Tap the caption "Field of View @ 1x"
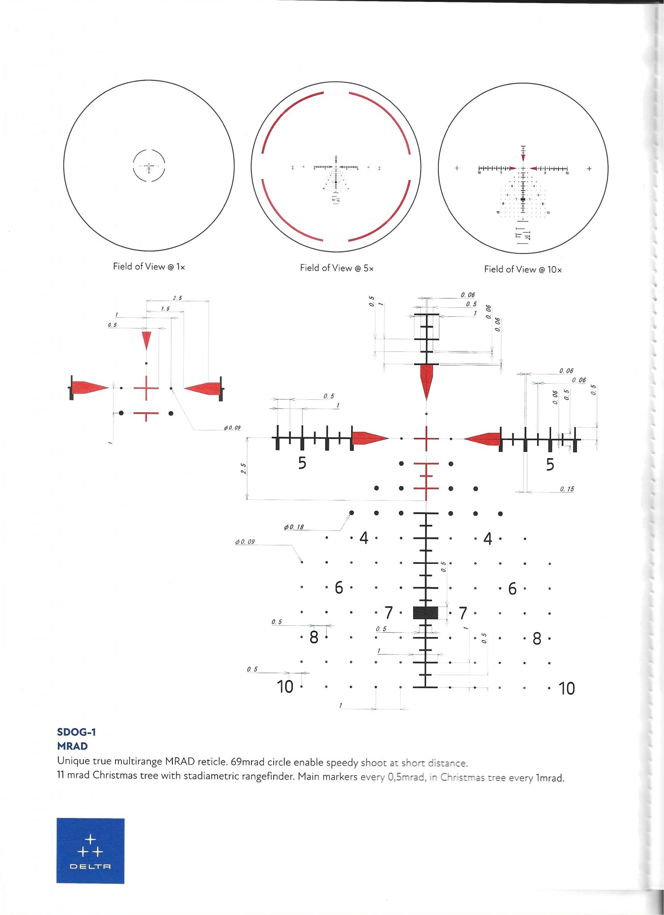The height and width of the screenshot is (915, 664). click(x=149, y=267)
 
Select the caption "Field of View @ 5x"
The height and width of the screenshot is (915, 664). click(x=337, y=268)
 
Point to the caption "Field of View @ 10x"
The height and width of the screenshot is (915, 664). click(x=523, y=269)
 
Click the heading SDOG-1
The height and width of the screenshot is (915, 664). click(x=76, y=732)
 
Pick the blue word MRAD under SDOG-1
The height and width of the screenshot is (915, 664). click(x=72, y=746)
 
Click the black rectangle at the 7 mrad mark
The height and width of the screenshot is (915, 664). click(x=426, y=613)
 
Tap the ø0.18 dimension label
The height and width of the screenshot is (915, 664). click(x=294, y=527)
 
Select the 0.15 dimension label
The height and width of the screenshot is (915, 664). click(x=567, y=489)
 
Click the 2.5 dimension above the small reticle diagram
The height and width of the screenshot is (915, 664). click(x=177, y=298)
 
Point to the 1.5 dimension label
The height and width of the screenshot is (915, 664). click(x=165, y=309)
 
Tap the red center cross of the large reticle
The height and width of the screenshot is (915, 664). click(x=426, y=439)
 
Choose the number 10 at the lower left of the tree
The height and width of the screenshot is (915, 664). click(x=285, y=687)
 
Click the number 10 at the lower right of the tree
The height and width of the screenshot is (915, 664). click(x=567, y=688)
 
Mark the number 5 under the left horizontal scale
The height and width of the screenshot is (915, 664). click(x=302, y=463)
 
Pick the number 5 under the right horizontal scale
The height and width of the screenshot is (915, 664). click(x=550, y=465)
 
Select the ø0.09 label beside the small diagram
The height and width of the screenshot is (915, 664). click(x=232, y=428)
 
